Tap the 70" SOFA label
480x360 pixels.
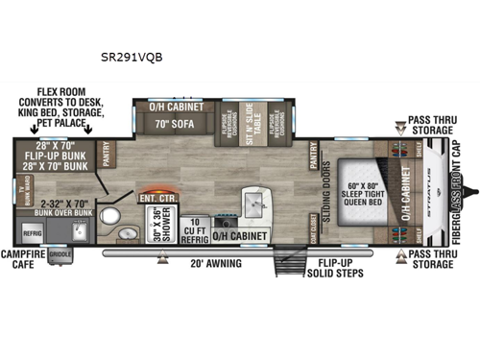point(176,122)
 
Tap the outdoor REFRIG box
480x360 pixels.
point(32,231)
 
